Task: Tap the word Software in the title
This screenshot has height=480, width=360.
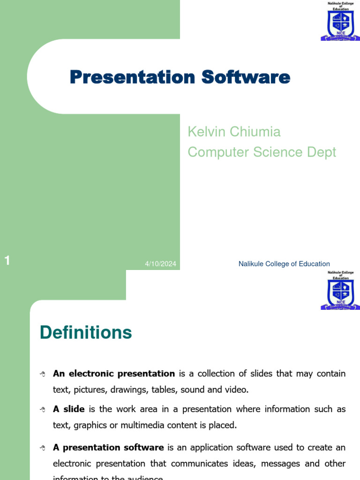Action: (x=246, y=77)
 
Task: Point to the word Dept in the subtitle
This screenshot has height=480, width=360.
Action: (x=321, y=152)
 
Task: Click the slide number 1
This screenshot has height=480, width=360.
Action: (x=7, y=261)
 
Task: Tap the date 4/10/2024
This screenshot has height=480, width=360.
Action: (x=160, y=264)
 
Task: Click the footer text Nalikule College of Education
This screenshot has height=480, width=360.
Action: (x=284, y=264)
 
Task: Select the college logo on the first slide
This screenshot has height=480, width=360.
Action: (x=340, y=21)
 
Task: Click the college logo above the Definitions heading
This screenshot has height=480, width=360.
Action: (x=340, y=290)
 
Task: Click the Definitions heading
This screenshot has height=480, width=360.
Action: (x=86, y=332)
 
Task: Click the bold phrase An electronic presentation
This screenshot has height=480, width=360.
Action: (x=114, y=374)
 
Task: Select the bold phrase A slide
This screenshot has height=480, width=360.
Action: (x=69, y=409)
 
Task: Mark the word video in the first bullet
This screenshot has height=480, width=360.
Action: (x=236, y=390)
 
